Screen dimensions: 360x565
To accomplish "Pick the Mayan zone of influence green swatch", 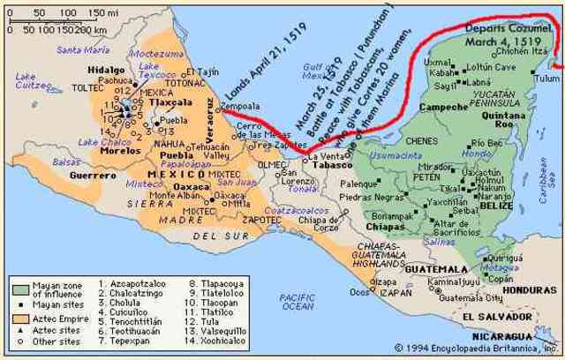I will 20,288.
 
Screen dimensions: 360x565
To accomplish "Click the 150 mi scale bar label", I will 104,12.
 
